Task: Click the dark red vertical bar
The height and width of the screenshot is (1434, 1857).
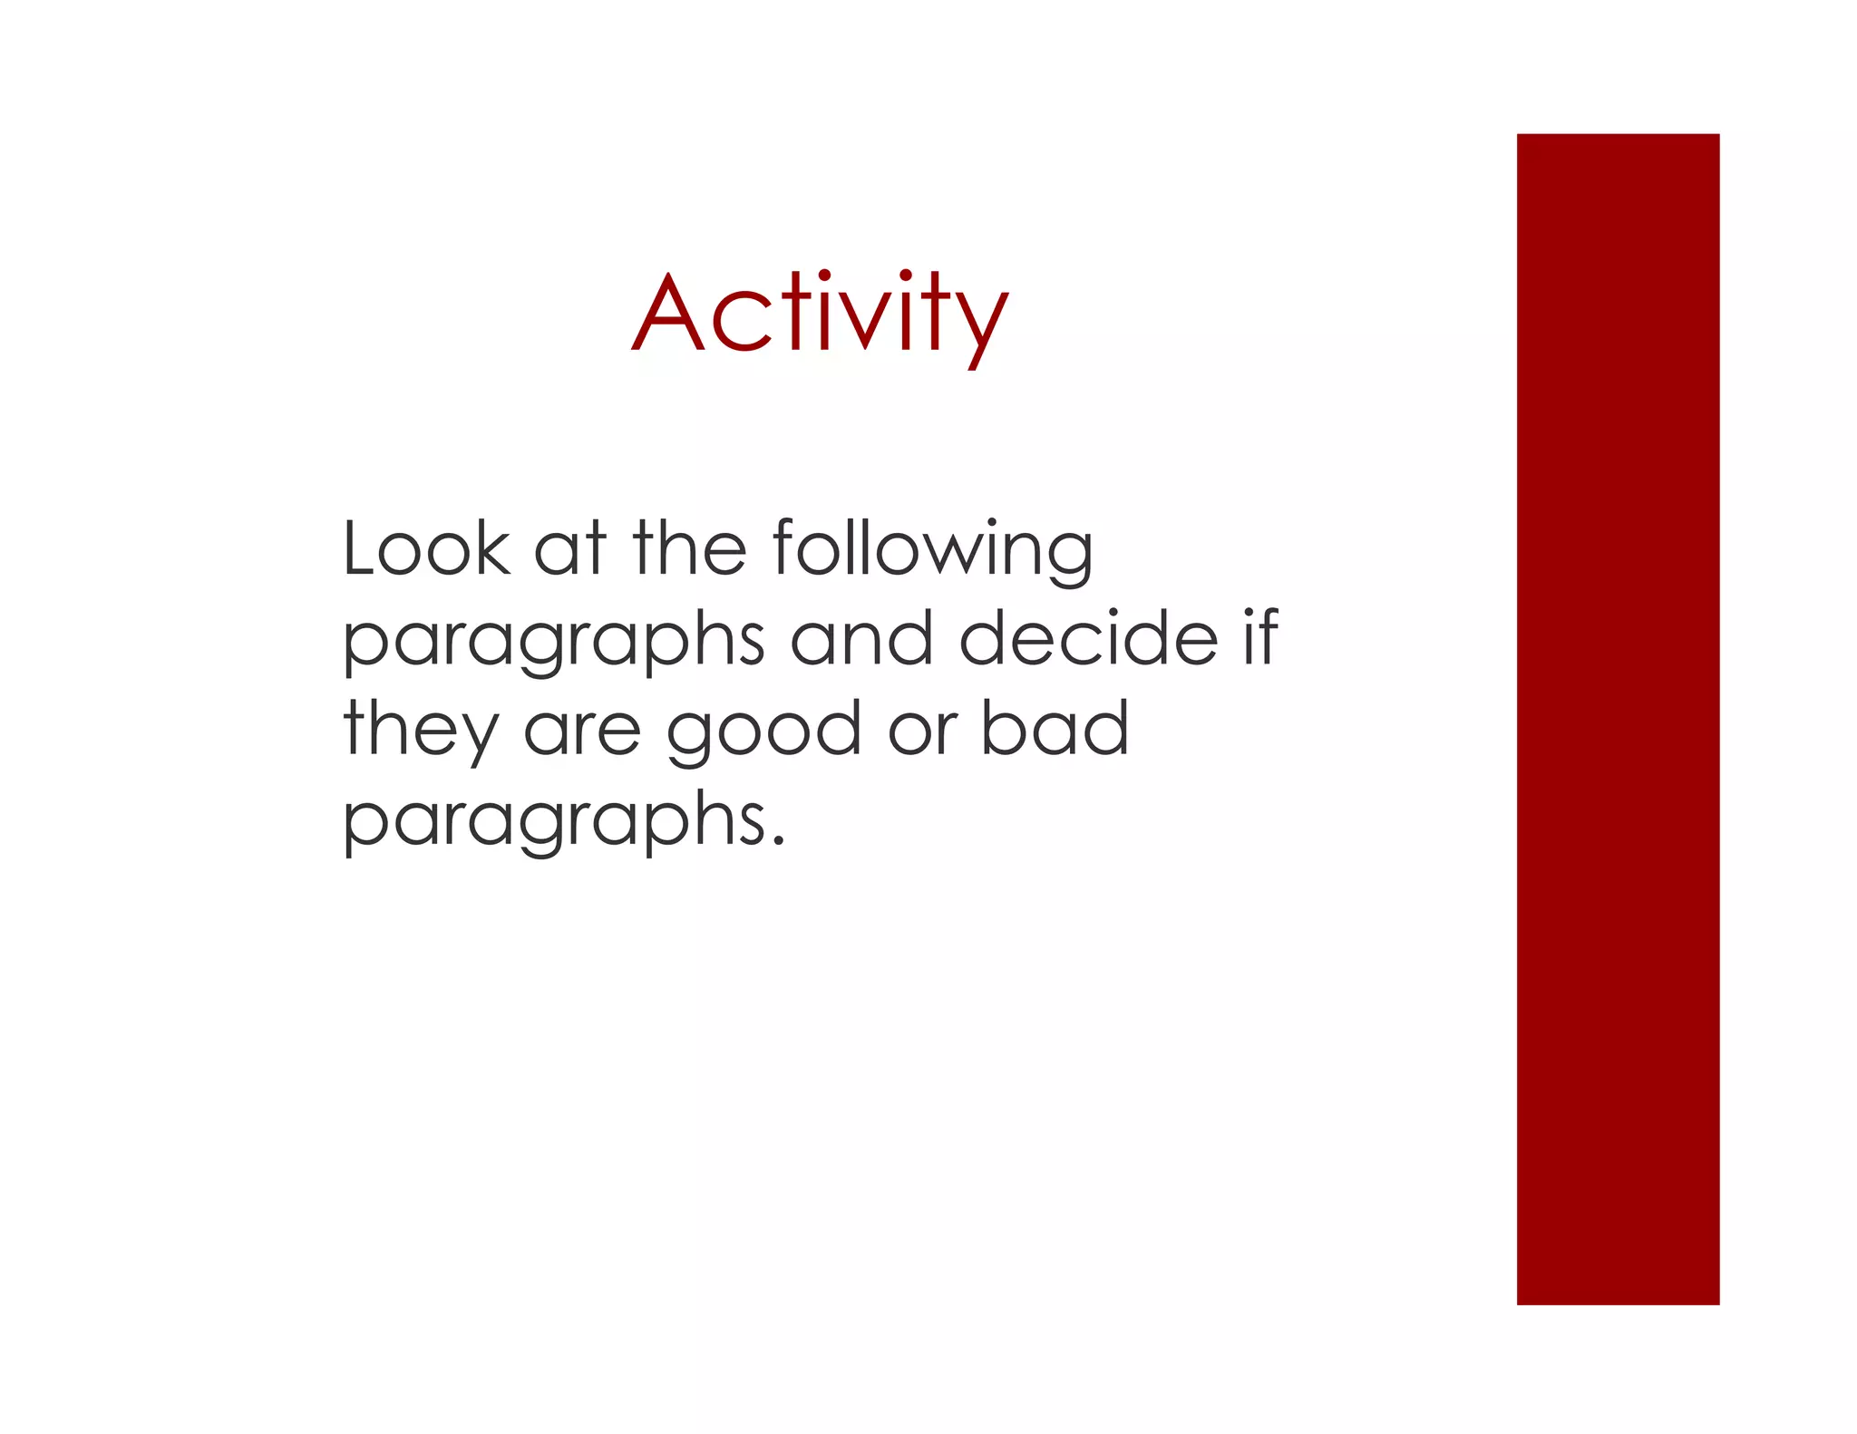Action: [1618, 719]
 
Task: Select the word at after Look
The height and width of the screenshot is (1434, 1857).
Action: [569, 551]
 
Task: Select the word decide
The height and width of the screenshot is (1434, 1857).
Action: [1088, 638]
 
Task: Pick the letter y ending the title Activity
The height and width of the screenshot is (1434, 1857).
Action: [986, 323]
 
